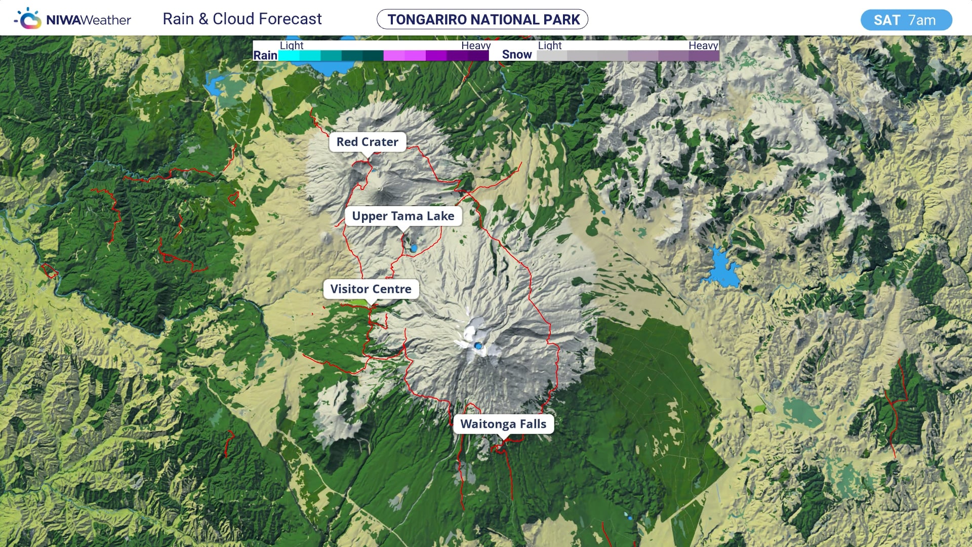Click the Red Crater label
(x=367, y=142)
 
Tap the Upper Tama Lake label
(x=403, y=216)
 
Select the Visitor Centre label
(x=371, y=289)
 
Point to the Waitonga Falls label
(x=503, y=424)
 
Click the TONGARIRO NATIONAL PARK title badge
(x=482, y=19)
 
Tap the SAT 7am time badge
(x=906, y=20)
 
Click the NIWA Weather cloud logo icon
(x=28, y=19)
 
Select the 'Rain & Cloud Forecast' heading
(x=242, y=19)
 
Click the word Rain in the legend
(x=265, y=55)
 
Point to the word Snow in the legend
(x=517, y=55)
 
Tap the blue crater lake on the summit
(x=478, y=345)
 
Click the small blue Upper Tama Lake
(x=414, y=248)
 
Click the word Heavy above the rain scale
(x=475, y=45)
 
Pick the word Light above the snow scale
(x=550, y=45)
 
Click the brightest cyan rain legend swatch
(x=289, y=56)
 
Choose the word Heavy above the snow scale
(x=703, y=45)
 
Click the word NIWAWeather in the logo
(x=89, y=20)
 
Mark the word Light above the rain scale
(x=292, y=45)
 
